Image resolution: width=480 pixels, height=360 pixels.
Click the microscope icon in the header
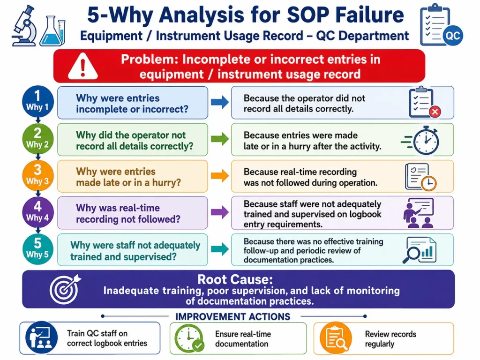24,26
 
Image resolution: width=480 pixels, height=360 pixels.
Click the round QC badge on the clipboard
453,36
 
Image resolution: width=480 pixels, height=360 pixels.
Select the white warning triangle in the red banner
82,66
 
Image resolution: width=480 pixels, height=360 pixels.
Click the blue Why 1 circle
37,101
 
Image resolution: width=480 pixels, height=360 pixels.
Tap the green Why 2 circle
37,139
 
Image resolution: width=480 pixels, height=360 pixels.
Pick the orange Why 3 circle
37,175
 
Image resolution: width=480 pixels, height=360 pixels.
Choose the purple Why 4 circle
37,212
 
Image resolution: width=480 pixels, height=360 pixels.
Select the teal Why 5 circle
37,249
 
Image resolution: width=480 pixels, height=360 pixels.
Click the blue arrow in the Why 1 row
220,102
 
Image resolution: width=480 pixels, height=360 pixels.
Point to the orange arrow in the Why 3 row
220,176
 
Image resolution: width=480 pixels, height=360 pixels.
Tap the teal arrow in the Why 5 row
220,249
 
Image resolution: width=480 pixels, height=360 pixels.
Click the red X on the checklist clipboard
435,112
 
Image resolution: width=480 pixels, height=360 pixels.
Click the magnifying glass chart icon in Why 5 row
420,250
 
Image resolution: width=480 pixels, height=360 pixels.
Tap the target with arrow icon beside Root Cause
65,289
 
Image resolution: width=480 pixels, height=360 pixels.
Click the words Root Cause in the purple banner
235,279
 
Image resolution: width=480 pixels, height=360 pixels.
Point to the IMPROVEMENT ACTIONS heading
232,316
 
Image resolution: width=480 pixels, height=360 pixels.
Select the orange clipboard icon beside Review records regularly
336,337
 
